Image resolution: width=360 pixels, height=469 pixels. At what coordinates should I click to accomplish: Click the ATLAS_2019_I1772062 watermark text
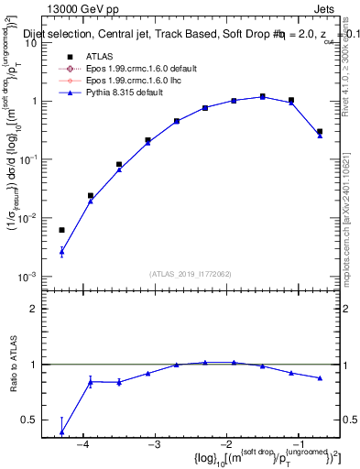191,274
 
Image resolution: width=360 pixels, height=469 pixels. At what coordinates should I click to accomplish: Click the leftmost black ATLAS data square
61,230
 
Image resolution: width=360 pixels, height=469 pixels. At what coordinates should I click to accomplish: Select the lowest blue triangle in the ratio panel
61,432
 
